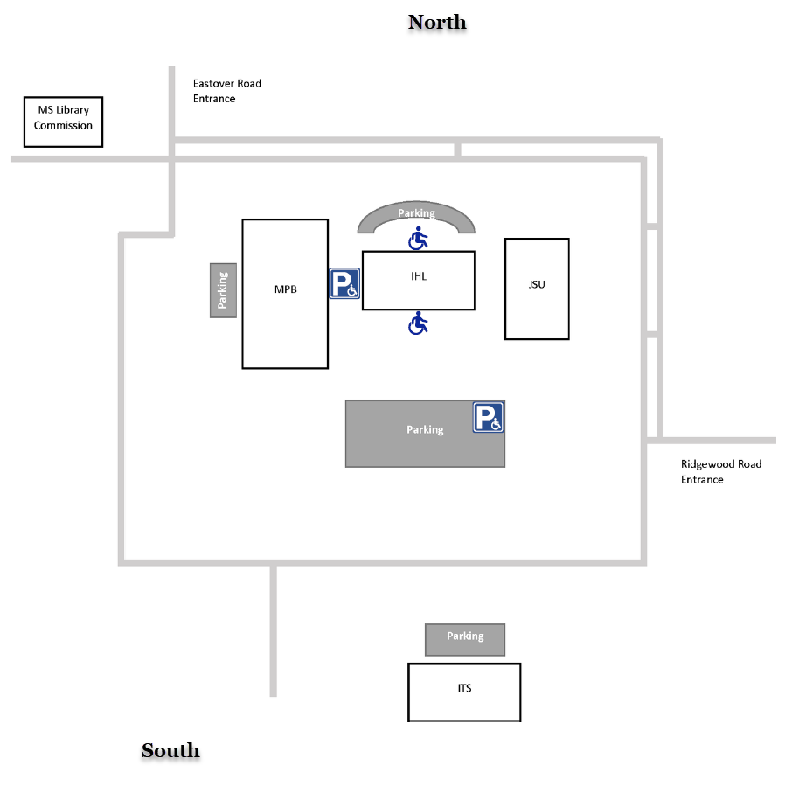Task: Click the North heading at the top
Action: coord(437,23)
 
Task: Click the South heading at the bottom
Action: coord(170,750)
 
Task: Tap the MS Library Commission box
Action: coord(63,121)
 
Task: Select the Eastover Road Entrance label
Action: coord(227,91)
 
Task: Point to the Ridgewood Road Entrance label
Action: coord(721,471)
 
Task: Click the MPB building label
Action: coord(286,289)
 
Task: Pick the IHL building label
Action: coord(419,276)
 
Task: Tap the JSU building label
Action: coord(537,284)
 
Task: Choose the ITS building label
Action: coord(464,688)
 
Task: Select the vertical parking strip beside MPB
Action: coord(223,289)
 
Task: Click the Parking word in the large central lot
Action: coord(425,429)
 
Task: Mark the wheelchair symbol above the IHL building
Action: coord(419,238)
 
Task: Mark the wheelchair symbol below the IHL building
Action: coord(419,323)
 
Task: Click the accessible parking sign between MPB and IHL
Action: coord(344,283)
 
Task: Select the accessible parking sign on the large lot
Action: coord(489,417)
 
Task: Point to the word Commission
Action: coord(63,126)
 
